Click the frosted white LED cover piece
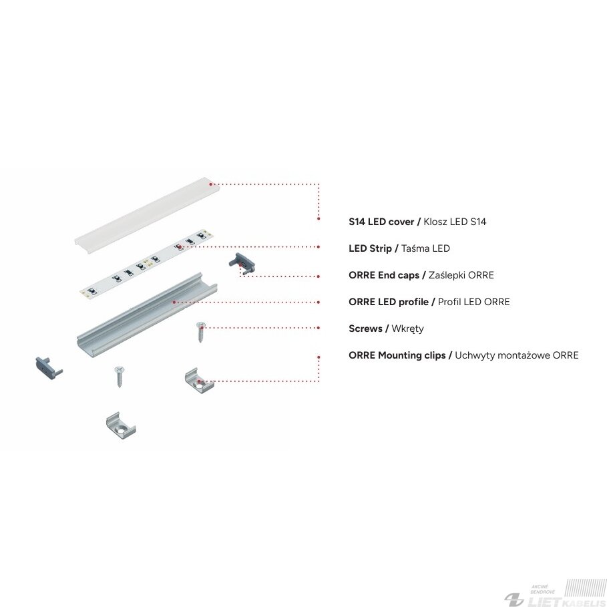pos(147,215)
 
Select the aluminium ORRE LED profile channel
pos(147,315)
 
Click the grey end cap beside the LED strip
pos(242,262)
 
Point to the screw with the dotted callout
pos(200,332)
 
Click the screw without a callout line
pos(118,377)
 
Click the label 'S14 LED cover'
pos(381,222)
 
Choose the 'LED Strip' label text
pos(370,248)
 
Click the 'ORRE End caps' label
pos(384,275)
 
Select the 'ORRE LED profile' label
pos(388,302)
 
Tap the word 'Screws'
pos(365,329)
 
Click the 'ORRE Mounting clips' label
pos(397,355)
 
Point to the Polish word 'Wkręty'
pos(407,329)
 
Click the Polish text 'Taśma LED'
pos(425,248)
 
